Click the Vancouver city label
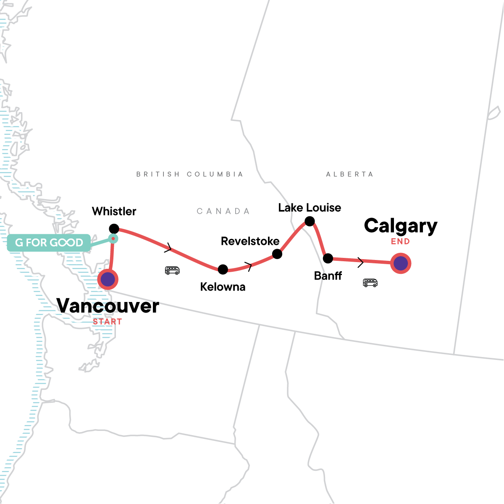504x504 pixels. coord(108,306)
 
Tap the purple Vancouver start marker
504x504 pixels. coord(108,279)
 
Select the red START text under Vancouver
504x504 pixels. coord(108,322)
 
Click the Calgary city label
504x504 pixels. coord(401,226)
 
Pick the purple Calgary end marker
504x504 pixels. coord(401,263)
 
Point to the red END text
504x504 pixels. coord(400,241)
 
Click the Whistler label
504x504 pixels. coord(114,211)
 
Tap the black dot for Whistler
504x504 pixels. coord(114,229)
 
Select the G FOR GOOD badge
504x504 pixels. coord(49,243)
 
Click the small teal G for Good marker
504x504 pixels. coord(113,239)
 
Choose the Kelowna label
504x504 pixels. coord(223,287)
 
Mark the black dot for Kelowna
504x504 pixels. coord(223,269)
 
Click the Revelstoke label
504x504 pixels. coord(250,241)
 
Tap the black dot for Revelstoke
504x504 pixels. coord(277,254)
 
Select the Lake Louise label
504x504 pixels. coord(310,207)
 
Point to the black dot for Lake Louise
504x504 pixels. coord(310,221)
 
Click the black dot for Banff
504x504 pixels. coord(328,258)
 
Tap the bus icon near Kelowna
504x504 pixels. coord(172,270)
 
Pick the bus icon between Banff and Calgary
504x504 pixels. coord(370,283)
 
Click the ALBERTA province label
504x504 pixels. coord(349,174)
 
